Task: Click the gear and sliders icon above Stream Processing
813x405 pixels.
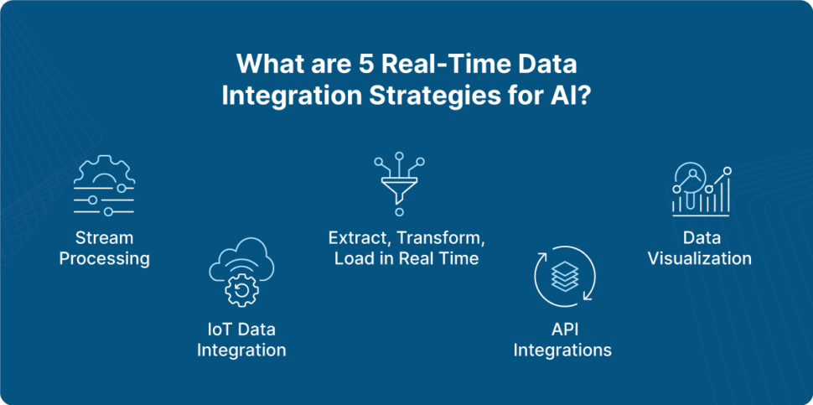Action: click(104, 185)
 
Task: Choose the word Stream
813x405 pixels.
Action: click(104, 238)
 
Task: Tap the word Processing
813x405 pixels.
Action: click(104, 258)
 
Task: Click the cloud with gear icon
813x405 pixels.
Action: click(241, 271)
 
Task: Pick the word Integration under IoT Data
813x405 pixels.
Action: click(241, 350)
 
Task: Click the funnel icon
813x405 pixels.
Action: click(399, 184)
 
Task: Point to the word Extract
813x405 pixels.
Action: click(353, 238)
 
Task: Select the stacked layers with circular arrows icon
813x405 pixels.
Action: click(564, 277)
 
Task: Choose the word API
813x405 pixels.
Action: click(562, 329)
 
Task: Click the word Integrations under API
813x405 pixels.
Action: click(562, 350)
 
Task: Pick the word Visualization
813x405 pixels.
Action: click(700, 258)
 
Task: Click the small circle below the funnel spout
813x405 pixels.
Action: click(399, 212)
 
